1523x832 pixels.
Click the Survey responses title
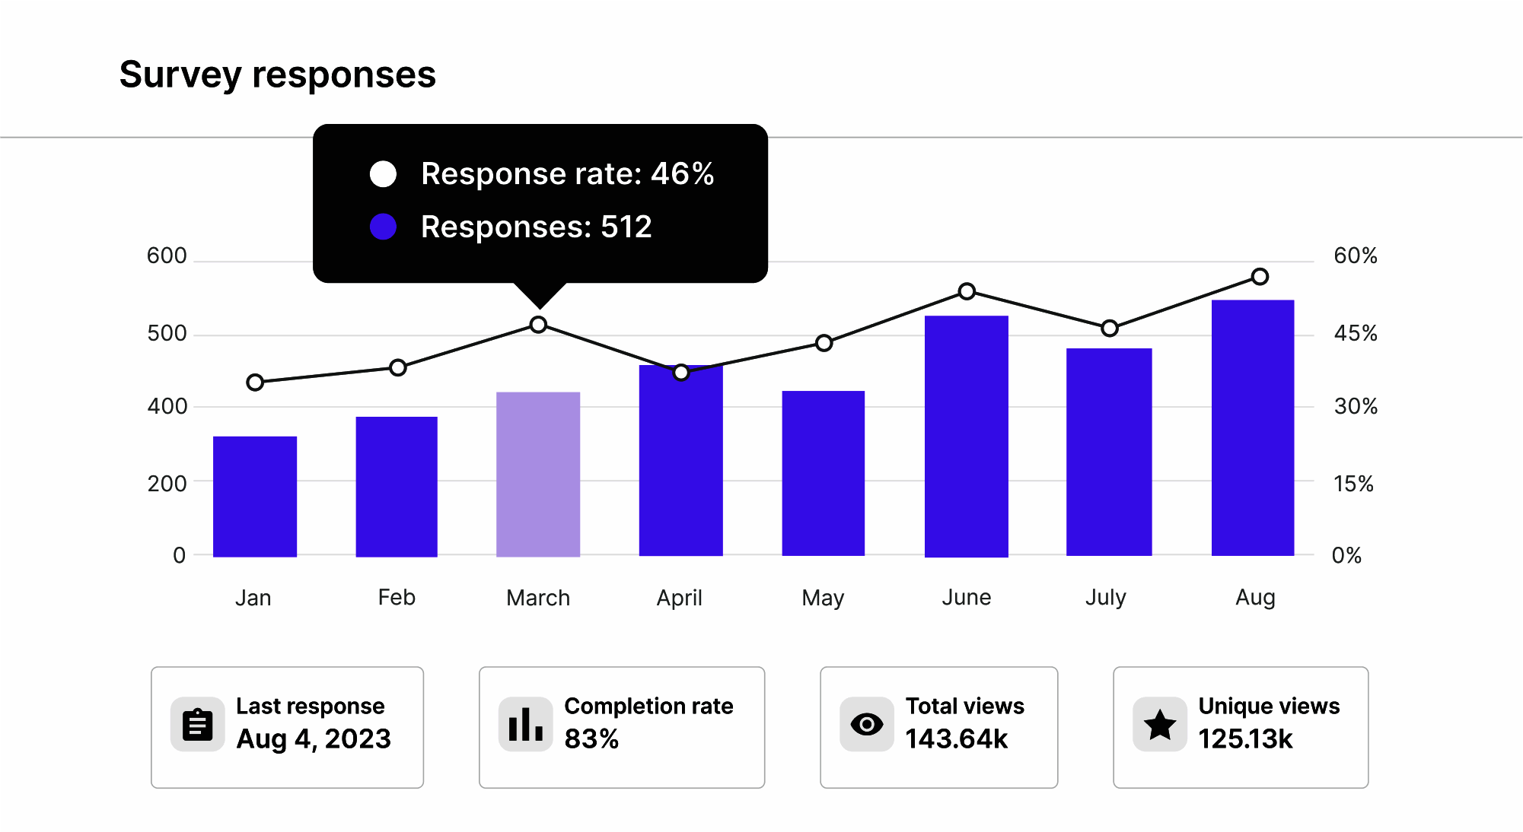[x=278, y=75]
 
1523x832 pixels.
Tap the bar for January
[x=255, y=496]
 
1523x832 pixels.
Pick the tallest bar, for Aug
[x=1253, y=427]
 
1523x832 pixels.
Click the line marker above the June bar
[x=967, y=291]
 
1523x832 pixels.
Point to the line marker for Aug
[x=1260, y=277]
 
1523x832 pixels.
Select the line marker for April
[x=681, y=373]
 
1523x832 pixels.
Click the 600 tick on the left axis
[x=167, y=256]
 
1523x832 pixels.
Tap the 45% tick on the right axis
[x=1356, y=333]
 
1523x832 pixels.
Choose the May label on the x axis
[x=823, y=598]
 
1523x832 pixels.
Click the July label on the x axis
[x=1105, y=598]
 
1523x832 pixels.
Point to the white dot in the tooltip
[x=383, y=174]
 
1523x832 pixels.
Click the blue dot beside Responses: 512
[x=383, y=227]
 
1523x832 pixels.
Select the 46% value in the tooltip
[x=682, y=174]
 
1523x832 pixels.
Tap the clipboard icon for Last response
[x=197, y=725]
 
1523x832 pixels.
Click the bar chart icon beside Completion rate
[x=525, y=725]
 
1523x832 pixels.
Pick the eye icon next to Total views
[x=866, y=725]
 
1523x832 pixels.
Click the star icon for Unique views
[x=1159, y=725]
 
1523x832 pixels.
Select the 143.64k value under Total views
[x=956, y=739]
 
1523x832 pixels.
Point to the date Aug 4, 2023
[x=314, y=739]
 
